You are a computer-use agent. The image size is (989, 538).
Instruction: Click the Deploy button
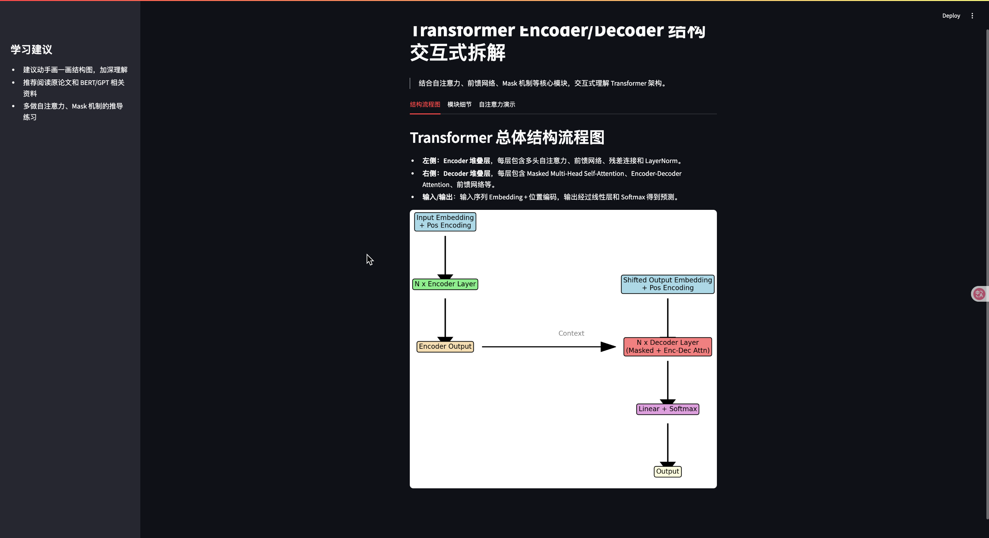(951, 16)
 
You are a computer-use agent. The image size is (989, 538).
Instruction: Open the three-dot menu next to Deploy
(972, 16)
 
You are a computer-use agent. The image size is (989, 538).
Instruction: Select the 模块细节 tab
(459, 104)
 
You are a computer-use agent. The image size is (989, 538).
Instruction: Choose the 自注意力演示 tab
(497, 104)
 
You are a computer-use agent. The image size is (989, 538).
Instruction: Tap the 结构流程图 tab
(425, 104)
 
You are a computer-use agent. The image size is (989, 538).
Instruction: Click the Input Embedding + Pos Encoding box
(445, 221)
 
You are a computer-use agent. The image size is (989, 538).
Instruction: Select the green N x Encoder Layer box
(445, 284)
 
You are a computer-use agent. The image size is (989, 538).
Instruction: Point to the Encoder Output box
(445, 346)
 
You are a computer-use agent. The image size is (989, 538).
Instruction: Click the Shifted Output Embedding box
(667, 284)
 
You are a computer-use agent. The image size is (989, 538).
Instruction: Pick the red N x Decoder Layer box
(667, 346)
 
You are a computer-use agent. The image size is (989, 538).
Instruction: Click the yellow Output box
(667, 471)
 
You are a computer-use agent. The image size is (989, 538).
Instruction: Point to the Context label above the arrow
(571, 333)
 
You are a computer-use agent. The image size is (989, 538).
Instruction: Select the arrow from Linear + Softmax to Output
(668, 443)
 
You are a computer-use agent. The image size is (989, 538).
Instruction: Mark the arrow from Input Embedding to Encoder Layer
(445, 255)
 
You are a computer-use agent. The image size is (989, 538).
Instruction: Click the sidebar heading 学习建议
(31, 49)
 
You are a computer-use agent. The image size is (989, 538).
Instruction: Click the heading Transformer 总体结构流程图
(507, 137)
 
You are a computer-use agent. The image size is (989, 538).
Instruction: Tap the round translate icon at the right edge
(979, 294)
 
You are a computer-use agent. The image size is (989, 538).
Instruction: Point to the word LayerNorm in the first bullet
(661, 161)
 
